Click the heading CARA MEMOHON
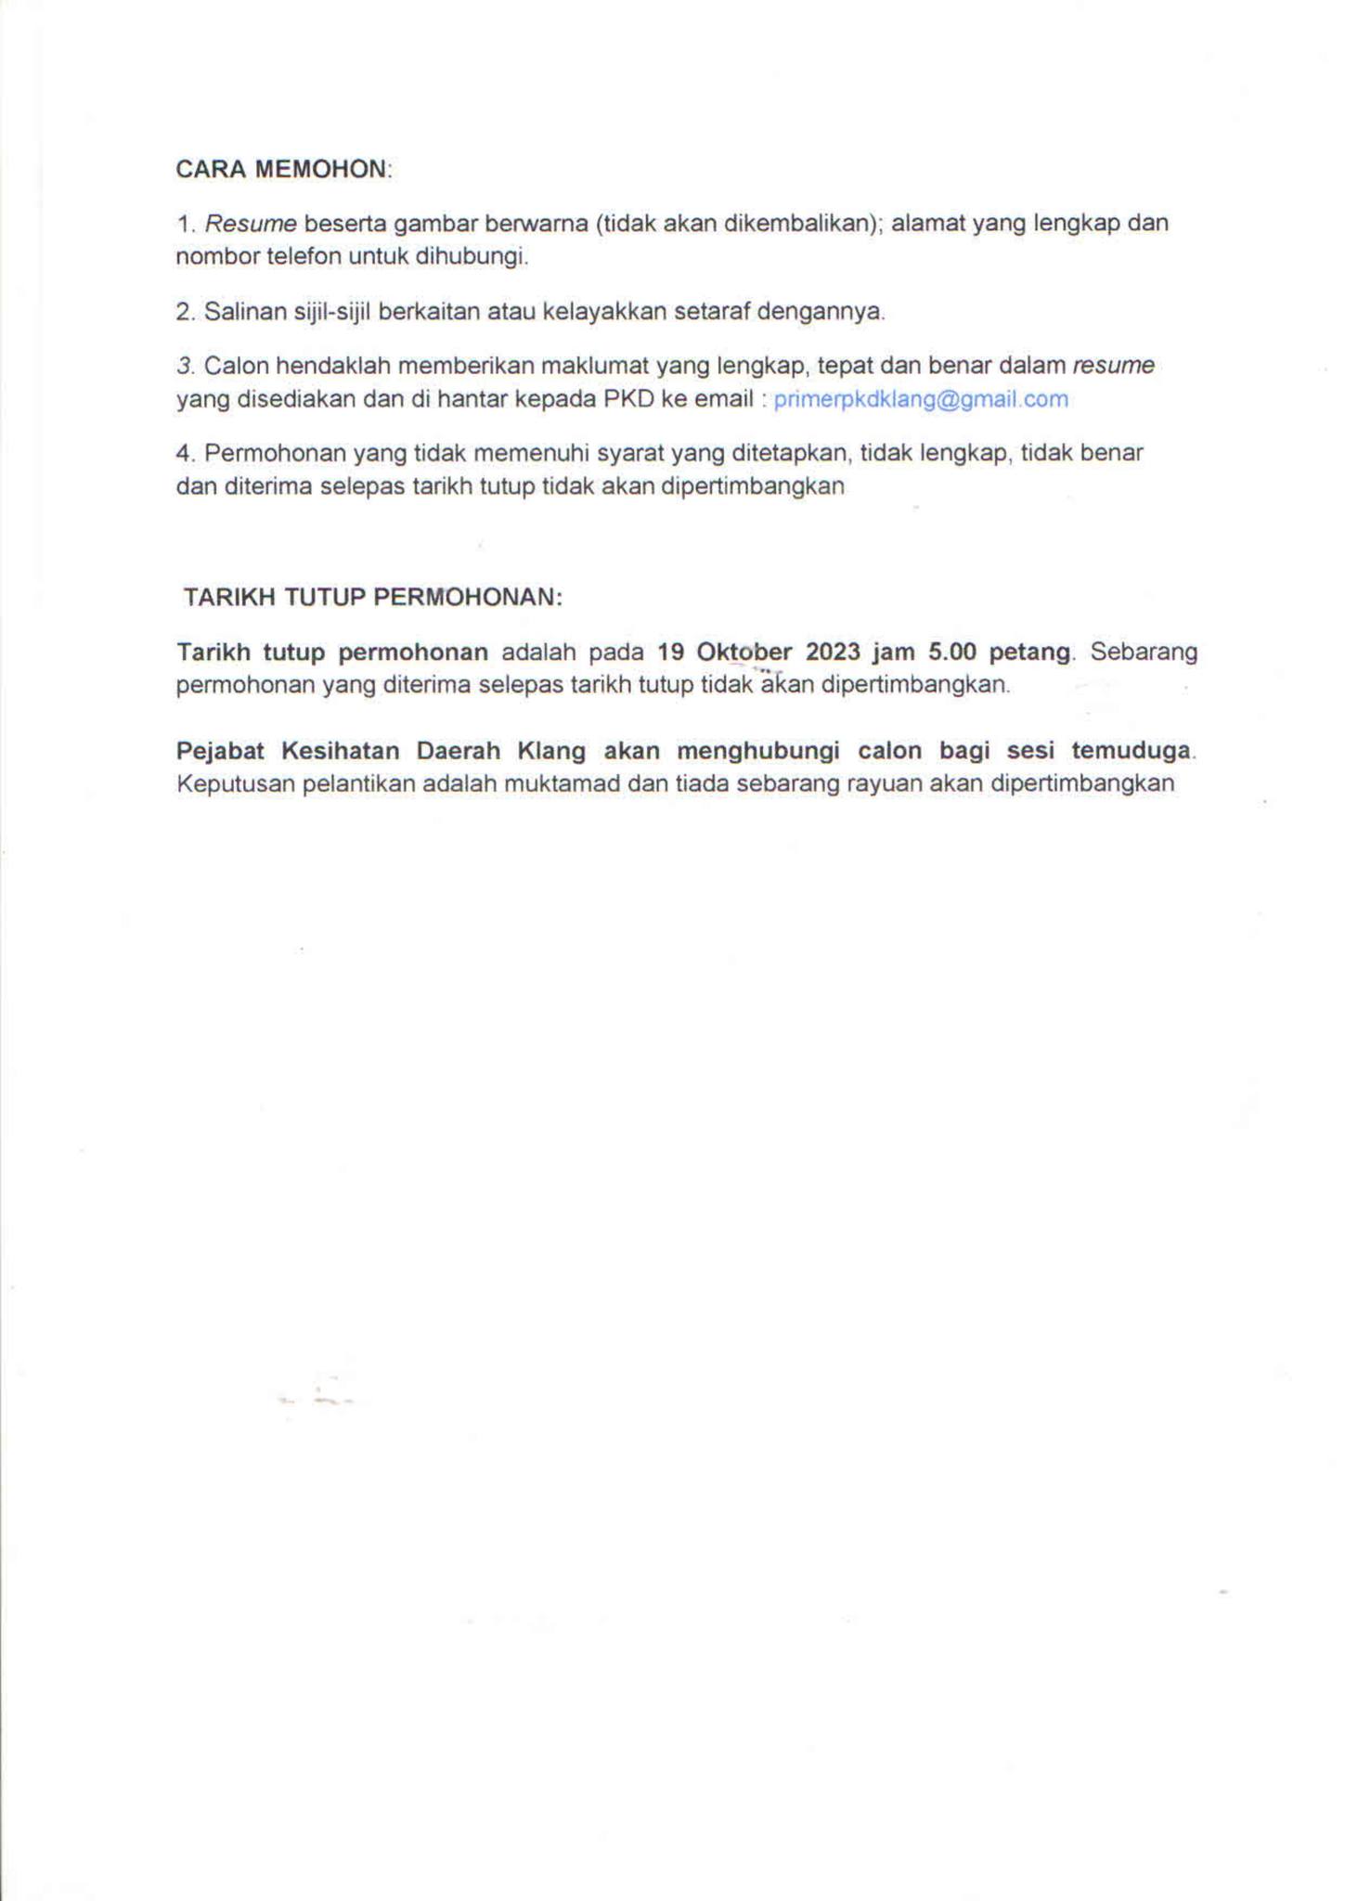[284, 169]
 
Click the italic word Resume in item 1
[251, 224]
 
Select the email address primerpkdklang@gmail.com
[921, 399]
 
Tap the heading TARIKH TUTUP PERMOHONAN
[373, 597]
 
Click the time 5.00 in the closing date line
[952, 652]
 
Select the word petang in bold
[1029, 652]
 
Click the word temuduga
[1132, 750]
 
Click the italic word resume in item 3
[1114, 366]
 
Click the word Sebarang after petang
[1144, 652]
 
